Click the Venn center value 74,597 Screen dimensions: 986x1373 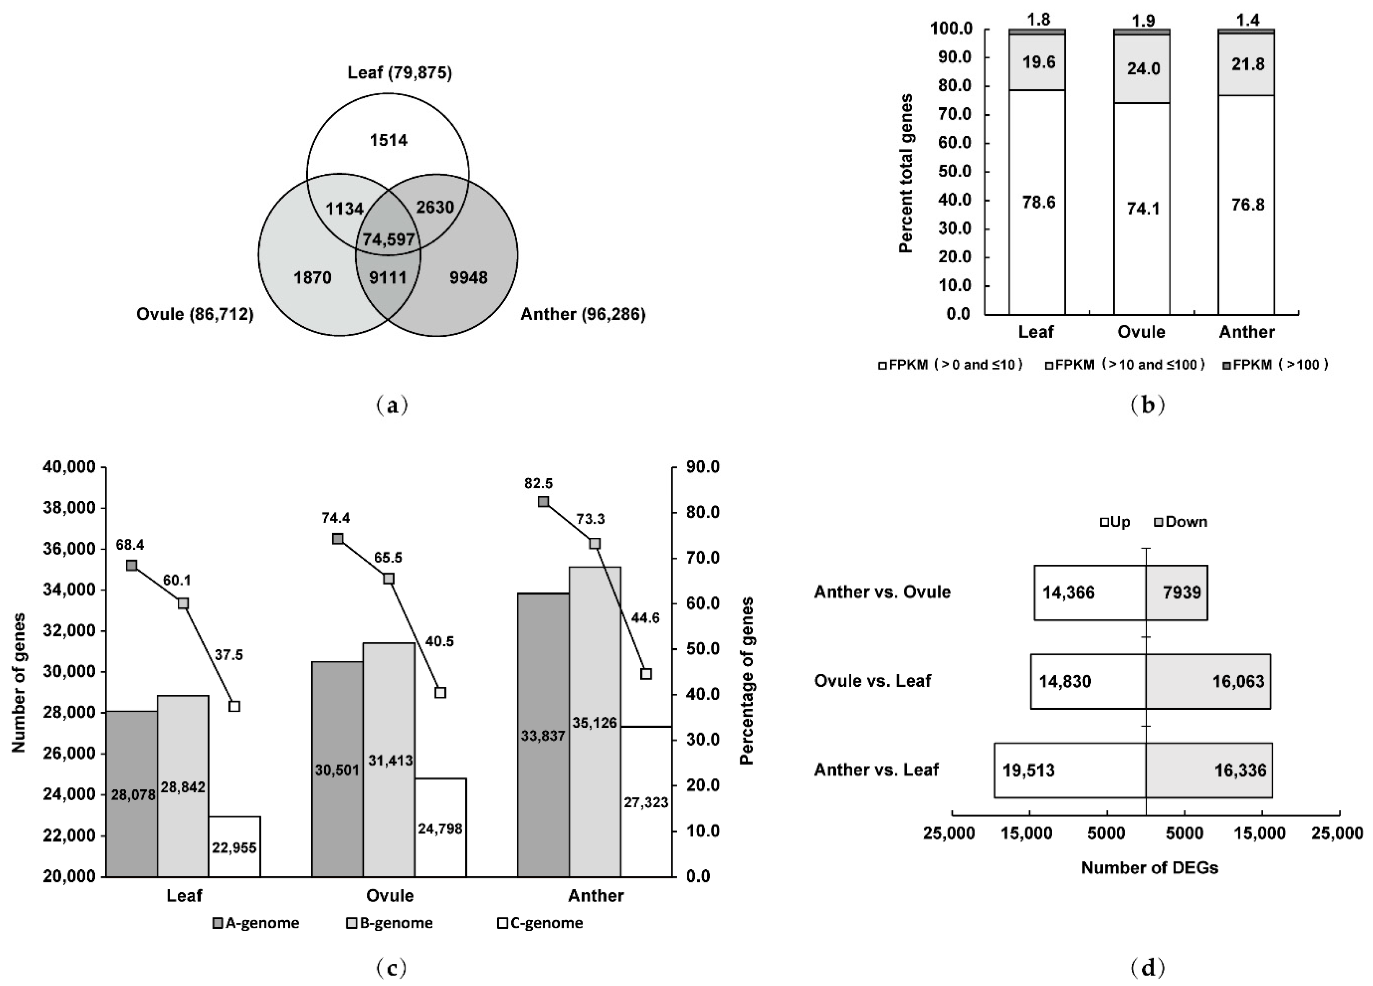click(388, 239)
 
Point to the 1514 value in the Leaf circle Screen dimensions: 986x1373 click(388, 140)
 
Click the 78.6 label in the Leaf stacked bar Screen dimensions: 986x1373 click(1039, 202)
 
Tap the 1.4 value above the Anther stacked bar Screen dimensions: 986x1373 click(1247, 20)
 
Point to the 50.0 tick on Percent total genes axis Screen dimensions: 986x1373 click(955, 172)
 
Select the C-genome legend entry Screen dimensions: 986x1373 click(539, 923)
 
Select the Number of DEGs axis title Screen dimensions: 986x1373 click(1149, 868)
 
